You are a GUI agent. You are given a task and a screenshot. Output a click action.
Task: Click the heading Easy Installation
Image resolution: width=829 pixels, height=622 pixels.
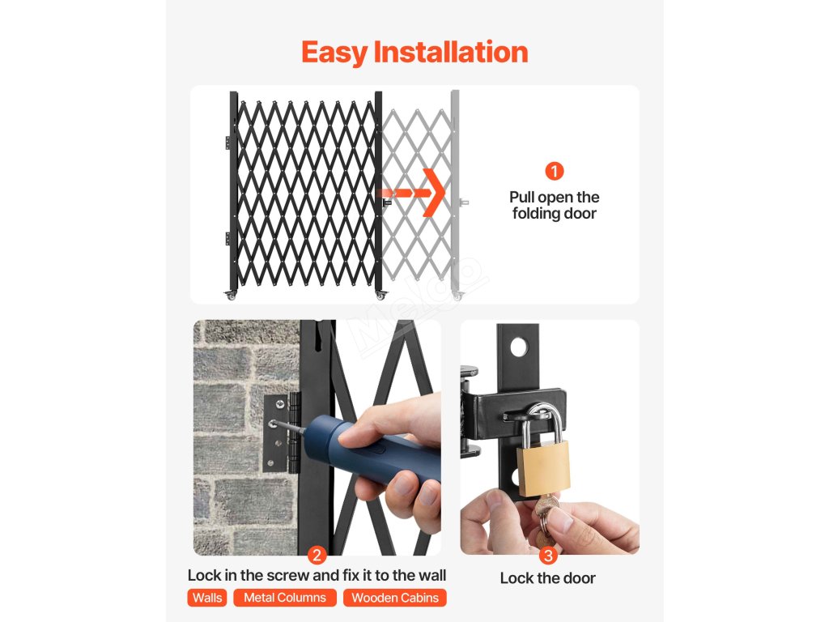(x=414, y=53)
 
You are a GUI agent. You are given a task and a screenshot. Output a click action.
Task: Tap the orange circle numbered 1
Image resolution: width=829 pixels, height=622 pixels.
(x=554, y=171)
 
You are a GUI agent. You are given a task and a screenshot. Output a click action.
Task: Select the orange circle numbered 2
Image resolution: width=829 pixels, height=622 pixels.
(x=317, y=556)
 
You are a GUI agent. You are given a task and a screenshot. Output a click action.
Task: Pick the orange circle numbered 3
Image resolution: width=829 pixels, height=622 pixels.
(x=548, y=556)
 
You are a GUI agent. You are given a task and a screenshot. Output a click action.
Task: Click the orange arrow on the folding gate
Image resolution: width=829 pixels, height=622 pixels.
(x=412, y=193)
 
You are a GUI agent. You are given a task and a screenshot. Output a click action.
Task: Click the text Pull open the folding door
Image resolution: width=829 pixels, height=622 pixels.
(x=554, y=205)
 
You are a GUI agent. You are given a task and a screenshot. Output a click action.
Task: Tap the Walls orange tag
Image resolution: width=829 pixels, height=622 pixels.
(x=207, y=598)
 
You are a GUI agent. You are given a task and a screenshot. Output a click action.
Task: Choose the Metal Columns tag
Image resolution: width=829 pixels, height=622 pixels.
(x=285, y=598)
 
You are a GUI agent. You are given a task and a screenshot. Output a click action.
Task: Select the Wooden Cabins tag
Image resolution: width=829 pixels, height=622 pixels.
(x=395, y=598)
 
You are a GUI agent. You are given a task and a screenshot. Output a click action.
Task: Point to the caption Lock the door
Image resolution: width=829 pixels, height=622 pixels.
(x=548, y=578)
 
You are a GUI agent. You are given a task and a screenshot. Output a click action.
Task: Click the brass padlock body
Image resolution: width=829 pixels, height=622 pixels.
(x=543, y=469)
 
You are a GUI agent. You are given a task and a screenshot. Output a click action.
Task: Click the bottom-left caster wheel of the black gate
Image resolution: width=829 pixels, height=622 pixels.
(x=231, y=295)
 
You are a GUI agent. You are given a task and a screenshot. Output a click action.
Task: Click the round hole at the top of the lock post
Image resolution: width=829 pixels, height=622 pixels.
(x=519, y=347)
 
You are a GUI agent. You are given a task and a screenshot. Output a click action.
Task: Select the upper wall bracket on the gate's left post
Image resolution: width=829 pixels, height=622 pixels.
(x=227, y=143)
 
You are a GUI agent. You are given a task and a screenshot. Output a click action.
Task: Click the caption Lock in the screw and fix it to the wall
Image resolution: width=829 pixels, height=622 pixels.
(x=317, y=576)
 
